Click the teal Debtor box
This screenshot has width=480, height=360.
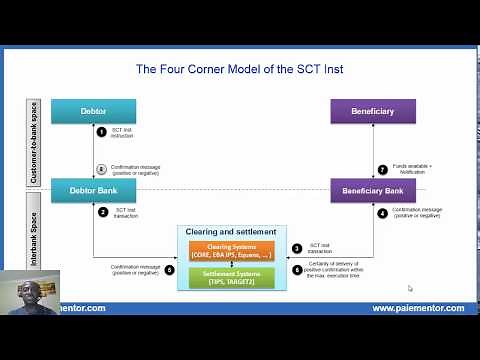point(93,110)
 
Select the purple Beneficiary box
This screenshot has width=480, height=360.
point(373,110)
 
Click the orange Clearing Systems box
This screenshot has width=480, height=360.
point(232,250)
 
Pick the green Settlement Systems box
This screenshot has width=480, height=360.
point(232,274)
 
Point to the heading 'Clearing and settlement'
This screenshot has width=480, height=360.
point(232,232)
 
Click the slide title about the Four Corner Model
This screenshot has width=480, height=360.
point(246,69)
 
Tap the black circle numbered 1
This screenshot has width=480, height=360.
point(102,133)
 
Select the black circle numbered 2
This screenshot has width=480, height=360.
point(102,211)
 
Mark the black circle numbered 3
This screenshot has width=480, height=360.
point(296,248)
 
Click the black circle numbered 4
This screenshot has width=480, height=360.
point(382,212)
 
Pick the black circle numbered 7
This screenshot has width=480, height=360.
point(382,169)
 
